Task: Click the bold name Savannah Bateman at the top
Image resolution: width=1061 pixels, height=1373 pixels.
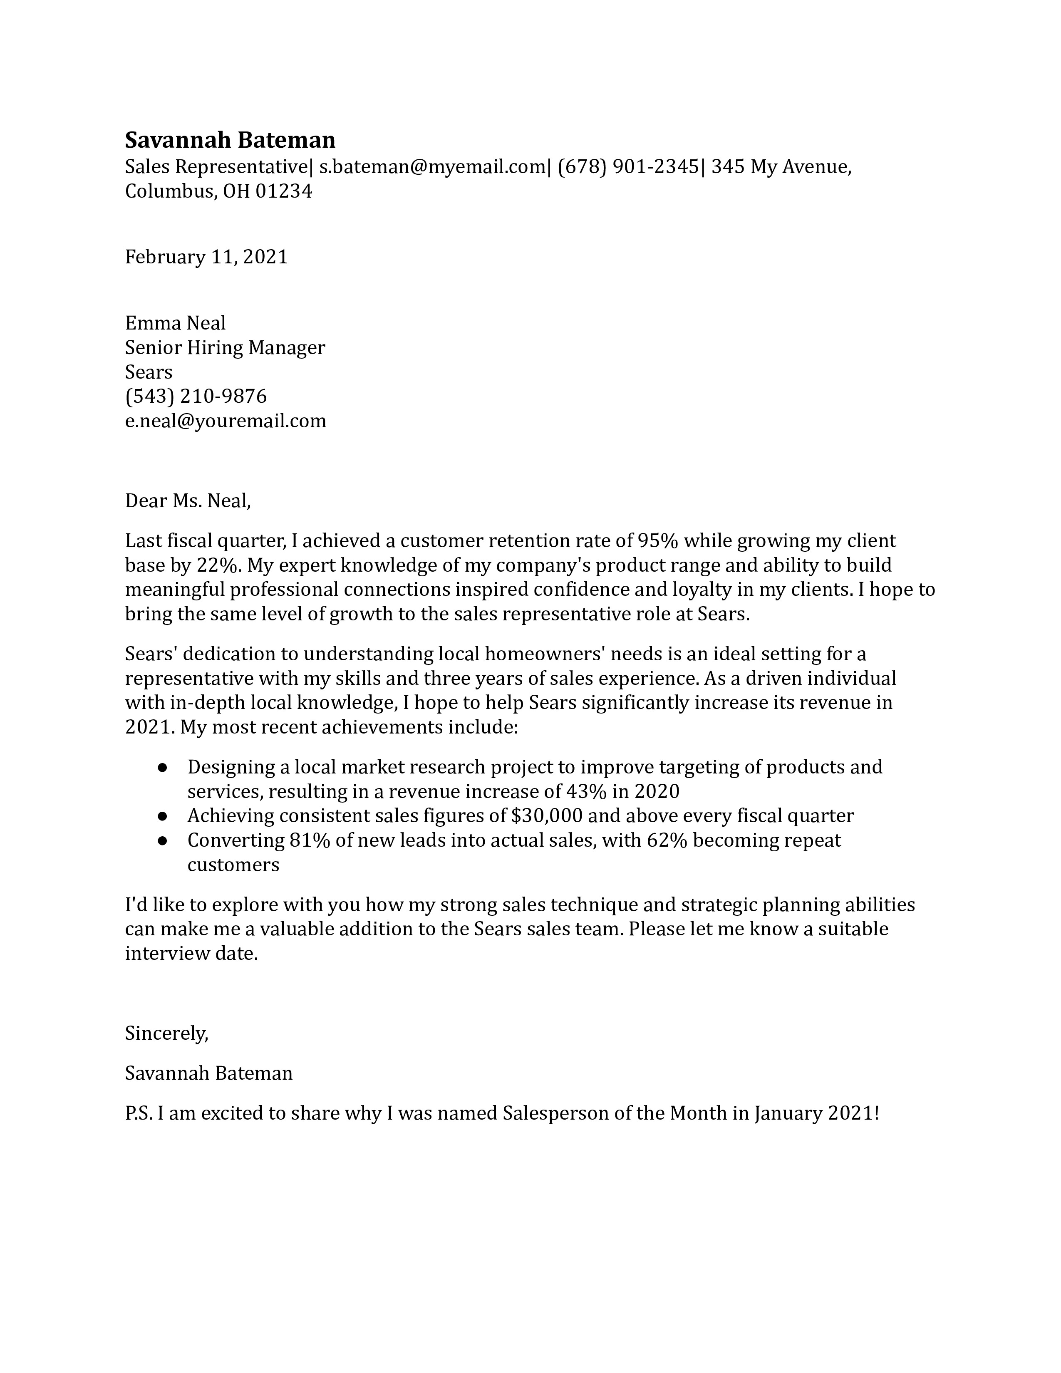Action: pyautogui.click(x=230, y=139)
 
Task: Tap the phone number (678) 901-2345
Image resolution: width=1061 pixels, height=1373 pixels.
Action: pyautogui.click(x=628, y=166)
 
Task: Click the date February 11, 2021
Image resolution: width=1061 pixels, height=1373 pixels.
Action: pyautogui.click(x=206, y=256)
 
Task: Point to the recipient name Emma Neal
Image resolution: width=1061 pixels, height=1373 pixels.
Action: pyautogui.click(x=175, y=323)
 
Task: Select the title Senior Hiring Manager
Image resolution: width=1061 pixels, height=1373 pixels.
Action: pyautogui.click(x=225, y=348)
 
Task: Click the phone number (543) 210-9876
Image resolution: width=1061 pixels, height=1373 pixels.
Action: pyautogui.click(x=196, y=396)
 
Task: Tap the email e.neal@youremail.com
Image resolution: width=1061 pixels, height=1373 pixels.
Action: pyautogui.click(x=226, y=421)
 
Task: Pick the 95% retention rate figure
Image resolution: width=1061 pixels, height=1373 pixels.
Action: pyautogui.click(x=657, y=540)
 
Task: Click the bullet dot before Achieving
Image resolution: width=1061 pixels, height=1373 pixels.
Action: pyautogui.click(x=162, y=816)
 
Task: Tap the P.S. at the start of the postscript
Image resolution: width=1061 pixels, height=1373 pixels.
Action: pyautogui.click(x=139, y=1113)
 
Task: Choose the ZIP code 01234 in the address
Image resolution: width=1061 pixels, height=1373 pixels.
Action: pyautogui.click(x=283, y=191)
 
